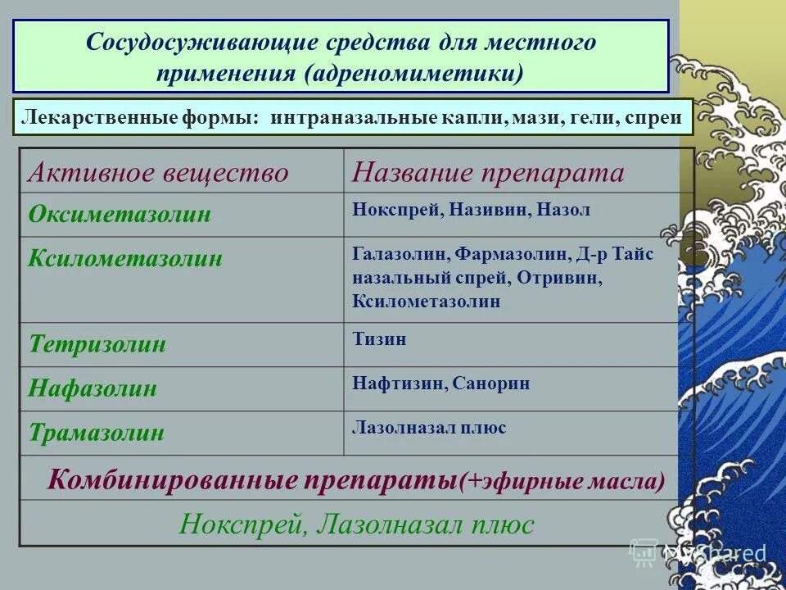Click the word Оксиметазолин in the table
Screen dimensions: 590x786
point(120,215)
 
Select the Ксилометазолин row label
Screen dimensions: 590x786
point(125,259)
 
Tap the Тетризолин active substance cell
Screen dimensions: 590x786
point(97,343)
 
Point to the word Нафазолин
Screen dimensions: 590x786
point(93,388)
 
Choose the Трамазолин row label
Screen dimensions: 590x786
point(97,433)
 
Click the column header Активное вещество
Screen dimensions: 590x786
point(158,173)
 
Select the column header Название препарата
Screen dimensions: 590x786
point(488,173)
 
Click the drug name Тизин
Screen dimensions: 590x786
point(379,338)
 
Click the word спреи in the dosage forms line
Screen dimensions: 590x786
point(653,117)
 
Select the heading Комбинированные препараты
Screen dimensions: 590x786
point(251,479)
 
